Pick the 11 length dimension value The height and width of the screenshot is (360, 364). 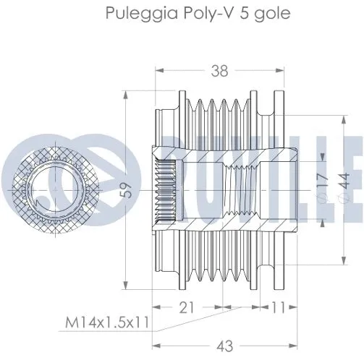[279, 307]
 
